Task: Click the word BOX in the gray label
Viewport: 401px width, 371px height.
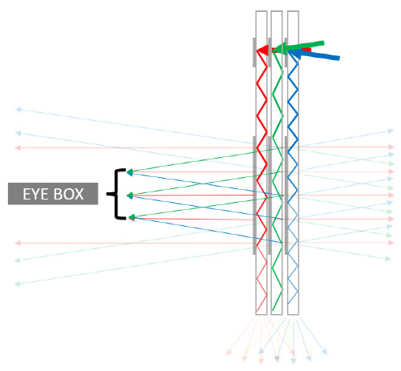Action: click(68, 194)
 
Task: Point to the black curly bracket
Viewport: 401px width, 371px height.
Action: click(116, 194)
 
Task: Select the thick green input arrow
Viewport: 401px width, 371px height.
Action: click(298, 47)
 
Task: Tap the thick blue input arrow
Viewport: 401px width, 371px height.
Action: click(314, 55)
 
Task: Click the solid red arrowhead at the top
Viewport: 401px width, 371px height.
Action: click(262, 50)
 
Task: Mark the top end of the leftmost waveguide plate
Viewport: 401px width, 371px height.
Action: click(261, 11)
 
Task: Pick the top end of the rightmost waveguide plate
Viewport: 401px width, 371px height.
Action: click(293, 11)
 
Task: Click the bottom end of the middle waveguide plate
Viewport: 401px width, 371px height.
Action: click(277, 314)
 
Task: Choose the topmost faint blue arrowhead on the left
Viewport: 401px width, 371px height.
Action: click(18, 110)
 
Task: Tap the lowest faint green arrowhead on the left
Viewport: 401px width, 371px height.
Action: click(17, 284)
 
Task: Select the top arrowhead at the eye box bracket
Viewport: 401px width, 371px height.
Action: click(130, 171)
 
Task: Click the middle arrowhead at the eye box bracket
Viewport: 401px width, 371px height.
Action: click(130, 196)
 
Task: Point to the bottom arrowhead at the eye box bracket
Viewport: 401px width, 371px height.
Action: click(132, 217)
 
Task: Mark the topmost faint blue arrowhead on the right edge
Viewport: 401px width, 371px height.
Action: click(391, 131)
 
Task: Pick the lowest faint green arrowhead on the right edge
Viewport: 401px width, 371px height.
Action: click(388, 259)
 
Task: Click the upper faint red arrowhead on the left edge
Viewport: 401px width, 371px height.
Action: click(18, 147)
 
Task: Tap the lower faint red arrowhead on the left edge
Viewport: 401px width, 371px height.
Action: click(18, 243)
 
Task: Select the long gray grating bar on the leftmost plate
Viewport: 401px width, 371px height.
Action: click(254, 196)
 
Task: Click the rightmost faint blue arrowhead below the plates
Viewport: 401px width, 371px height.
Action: click(324, 352)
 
